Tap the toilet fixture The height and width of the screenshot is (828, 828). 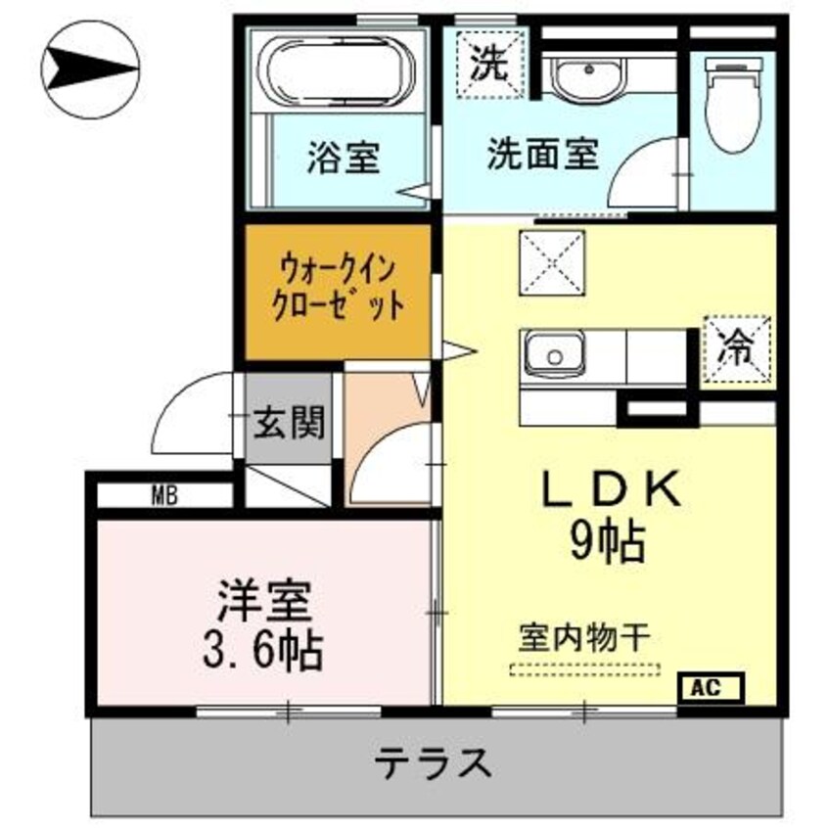tap(735, 109)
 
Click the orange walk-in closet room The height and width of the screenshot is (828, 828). tap(338, 292)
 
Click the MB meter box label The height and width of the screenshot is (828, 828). tap(164, 494)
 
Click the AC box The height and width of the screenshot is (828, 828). tap(712, 687)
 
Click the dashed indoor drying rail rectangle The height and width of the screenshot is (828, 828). tap(585, 670)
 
